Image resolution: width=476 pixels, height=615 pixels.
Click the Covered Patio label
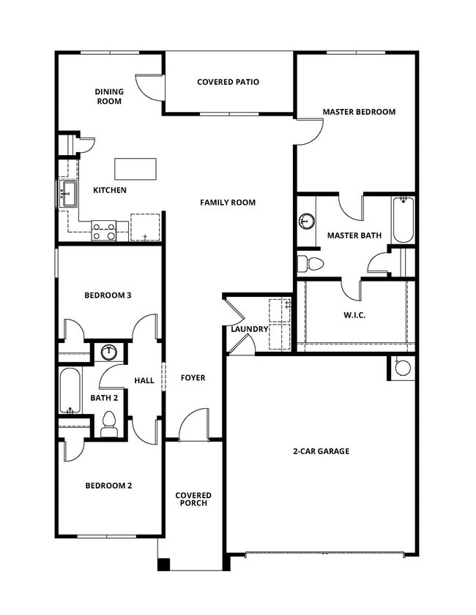(228, 82)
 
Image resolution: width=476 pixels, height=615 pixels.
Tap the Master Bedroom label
(359, 112)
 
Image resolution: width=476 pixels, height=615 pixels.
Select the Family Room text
(228, 202)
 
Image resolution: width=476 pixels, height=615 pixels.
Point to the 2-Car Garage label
(321, 451)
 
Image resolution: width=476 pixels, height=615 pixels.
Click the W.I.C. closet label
(354, 314)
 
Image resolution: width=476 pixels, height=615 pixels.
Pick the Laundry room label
(249, 329)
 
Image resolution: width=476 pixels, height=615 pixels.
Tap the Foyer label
(193, 378)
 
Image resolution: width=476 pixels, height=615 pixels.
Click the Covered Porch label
(193, 499)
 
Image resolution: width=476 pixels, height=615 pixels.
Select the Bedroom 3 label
(108, 295)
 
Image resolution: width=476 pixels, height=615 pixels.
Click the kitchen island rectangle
(135, 169)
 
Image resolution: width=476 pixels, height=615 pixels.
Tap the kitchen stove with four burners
(103, 231)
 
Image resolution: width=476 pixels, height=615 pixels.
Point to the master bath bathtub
(403, 220)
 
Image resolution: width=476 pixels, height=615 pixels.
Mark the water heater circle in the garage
(403, 368)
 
